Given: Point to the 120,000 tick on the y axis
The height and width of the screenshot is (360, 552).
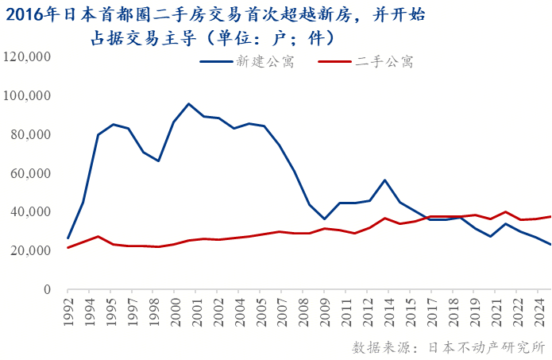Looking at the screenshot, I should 27,57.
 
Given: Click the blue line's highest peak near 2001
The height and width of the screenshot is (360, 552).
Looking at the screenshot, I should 188,104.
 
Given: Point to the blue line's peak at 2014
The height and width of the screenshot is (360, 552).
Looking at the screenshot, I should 385,180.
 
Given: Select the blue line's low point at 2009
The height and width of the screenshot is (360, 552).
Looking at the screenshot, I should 323,219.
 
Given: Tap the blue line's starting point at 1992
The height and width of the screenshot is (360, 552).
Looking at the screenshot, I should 68,238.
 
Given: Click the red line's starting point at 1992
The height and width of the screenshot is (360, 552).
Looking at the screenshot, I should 68,247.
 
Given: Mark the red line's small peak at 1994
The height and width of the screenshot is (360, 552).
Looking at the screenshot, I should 98,236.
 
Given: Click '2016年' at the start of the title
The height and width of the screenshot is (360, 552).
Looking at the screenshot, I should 29,14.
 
